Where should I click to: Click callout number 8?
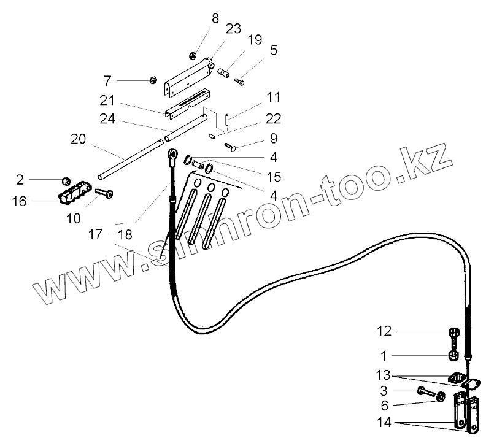(215, 18)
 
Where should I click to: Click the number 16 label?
(19, 201)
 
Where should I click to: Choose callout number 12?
(384, 332)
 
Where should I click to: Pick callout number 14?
(383, 423)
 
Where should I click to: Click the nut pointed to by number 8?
(192, 54)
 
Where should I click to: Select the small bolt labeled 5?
(240, 81)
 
